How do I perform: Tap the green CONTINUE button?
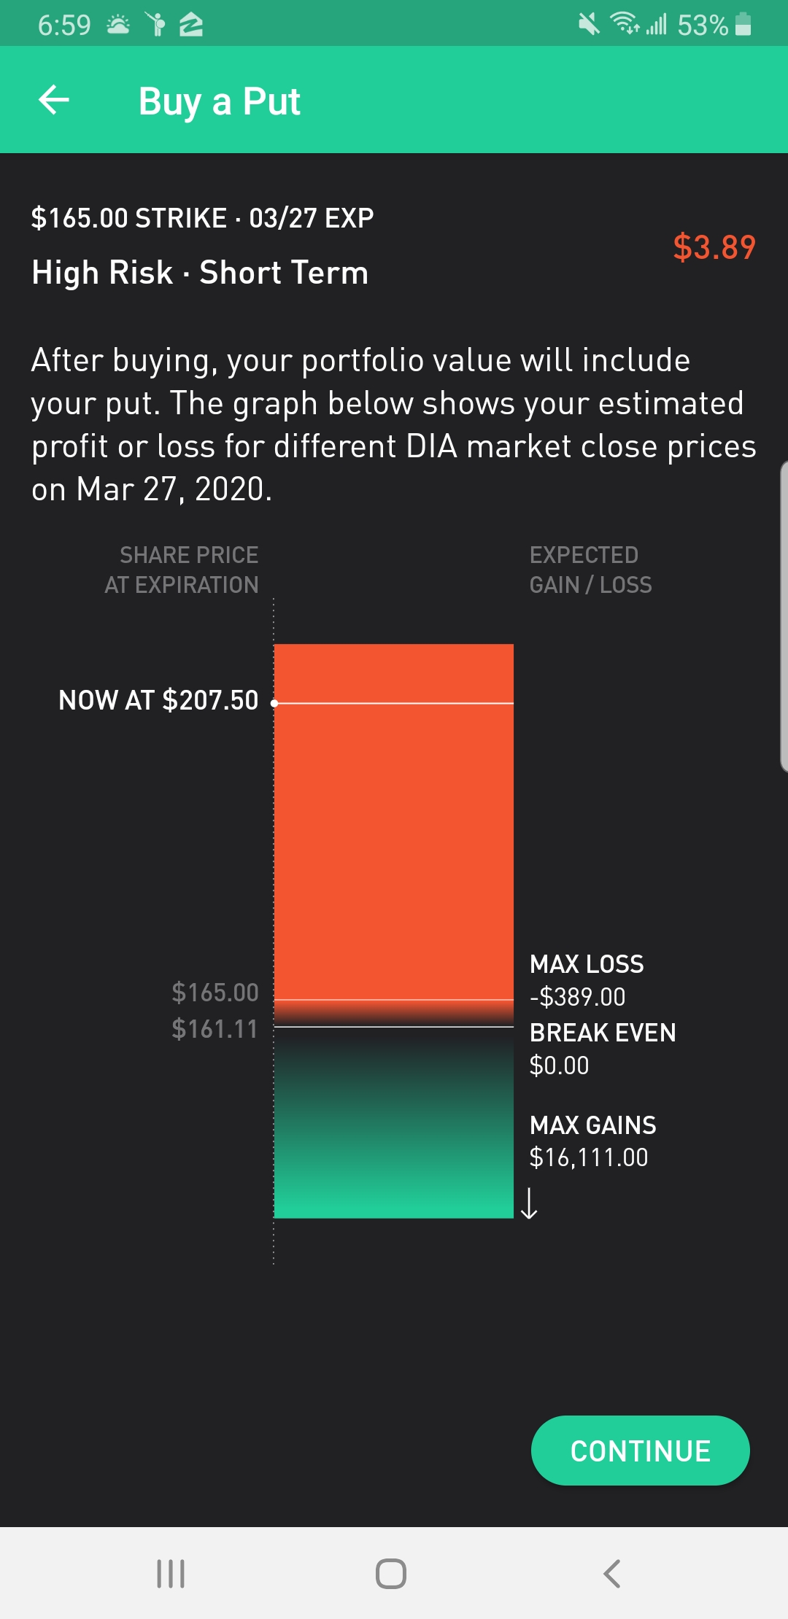coord(640,1451)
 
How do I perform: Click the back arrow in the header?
coord(54,100)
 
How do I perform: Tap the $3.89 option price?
coord(714,247)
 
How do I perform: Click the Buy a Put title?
coord(219,101)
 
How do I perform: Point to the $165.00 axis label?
coord(215,992)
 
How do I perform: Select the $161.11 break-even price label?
coord(215,1029)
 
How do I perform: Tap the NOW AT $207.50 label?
coord(158,700)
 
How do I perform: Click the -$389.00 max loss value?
coord(577,997)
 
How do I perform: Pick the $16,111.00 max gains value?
coord(588,1157)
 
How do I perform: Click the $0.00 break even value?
coord(559,1065)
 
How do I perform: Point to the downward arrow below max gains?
coord(530,1203)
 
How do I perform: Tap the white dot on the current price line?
coord(274,703)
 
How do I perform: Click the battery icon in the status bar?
coord(743,24)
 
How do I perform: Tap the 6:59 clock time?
coord(64,26)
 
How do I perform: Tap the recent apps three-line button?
coord(171,1573)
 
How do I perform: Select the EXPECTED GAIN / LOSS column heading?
coord(590,570)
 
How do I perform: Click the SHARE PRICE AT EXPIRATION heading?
coord(182,570)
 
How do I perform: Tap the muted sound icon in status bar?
coord(589,24)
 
